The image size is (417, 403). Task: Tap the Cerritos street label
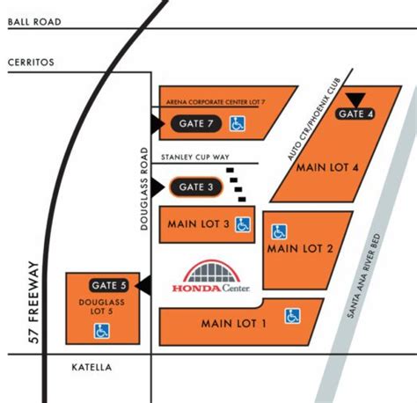tap(32, 63)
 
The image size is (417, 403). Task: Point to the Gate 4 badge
tap(356, 114)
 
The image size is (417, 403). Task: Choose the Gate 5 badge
tap(109, 285)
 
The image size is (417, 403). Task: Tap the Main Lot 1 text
tap(233, 323)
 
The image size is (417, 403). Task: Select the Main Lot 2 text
tap(301, 248)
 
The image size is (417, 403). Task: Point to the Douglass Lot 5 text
tap(99, 306)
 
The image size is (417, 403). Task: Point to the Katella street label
tap(91, 368)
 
